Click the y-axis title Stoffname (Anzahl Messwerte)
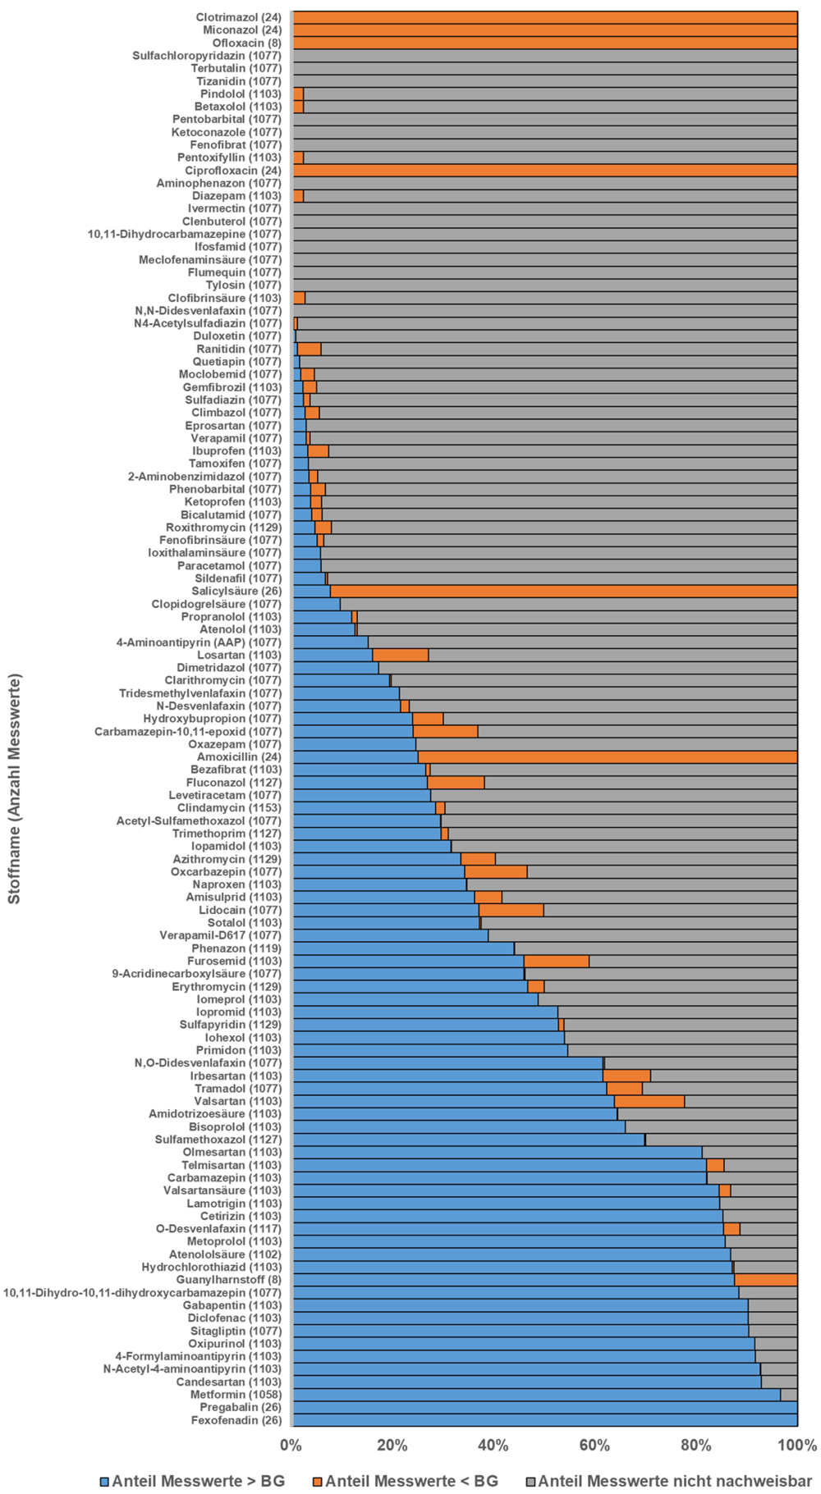14,788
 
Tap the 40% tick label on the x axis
493,1445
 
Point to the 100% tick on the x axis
796,1445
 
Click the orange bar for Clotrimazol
545,17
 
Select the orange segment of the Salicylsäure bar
563,592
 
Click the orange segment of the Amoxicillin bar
608,757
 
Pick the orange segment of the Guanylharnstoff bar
765,1280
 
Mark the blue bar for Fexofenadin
545,1420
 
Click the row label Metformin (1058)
236,1395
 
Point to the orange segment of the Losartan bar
400,655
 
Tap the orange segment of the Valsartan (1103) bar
649,1101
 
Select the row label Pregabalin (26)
241,1407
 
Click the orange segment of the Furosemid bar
556,961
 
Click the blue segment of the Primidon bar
430,1050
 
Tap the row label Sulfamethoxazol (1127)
218,1140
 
